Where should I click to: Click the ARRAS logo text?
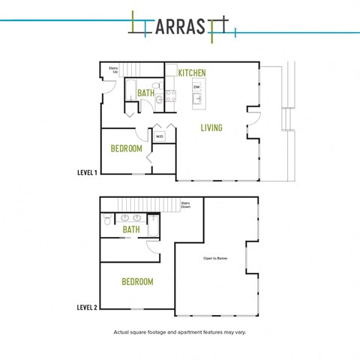coord(180,27)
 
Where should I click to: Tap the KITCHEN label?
coord(192,73)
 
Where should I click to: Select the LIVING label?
coord(211,127)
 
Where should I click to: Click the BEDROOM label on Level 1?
coord(126,148)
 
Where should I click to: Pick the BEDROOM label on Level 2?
coord(137,282)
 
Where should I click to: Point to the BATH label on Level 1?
coord(146,93)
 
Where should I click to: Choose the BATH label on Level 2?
coord(131,229)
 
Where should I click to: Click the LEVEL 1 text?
coord(87,172)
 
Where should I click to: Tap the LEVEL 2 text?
coord(87,307)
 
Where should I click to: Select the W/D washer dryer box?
coord(159,136)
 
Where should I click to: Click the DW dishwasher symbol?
coord(196,87)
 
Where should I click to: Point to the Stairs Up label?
coord(113,70)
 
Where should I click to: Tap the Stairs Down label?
coord(186,205)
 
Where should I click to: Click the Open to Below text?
coord(215,258)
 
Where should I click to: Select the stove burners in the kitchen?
coord(171,96)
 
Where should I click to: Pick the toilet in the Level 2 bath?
coord(107,219)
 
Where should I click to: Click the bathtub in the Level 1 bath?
coord(130,90)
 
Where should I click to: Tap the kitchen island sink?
coord(197,99)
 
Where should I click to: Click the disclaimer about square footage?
coord(180,332)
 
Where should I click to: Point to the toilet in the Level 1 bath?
coord(157,85)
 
